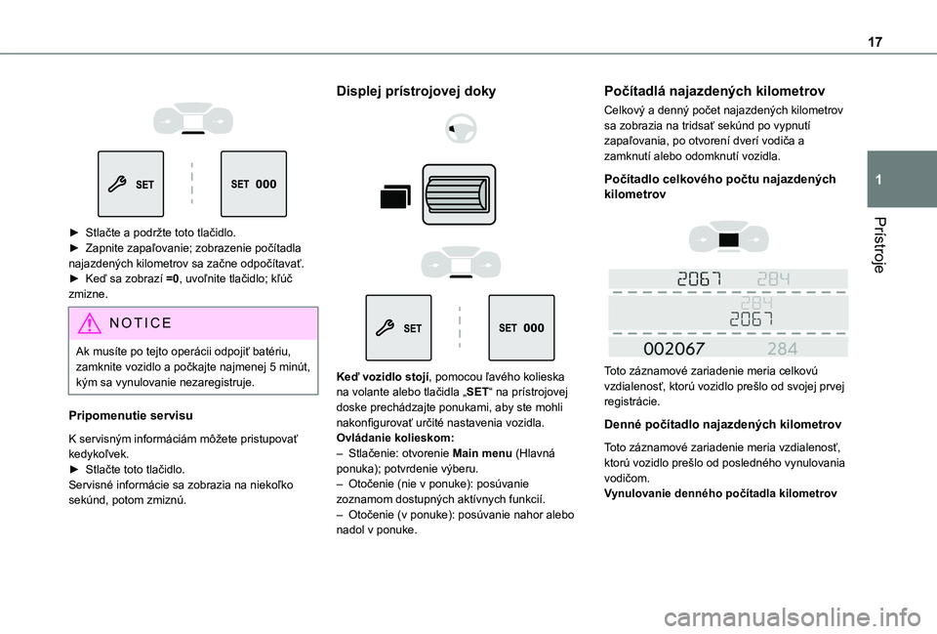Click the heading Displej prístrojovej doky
pyautogui.click(x=416, y=91)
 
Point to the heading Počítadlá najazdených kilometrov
pyautogui.click(x=715, y=90)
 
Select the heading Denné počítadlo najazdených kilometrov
pyautogui.click(x=723, y=425)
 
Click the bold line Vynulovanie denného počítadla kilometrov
pyautogui.click(x=720, y=492)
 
